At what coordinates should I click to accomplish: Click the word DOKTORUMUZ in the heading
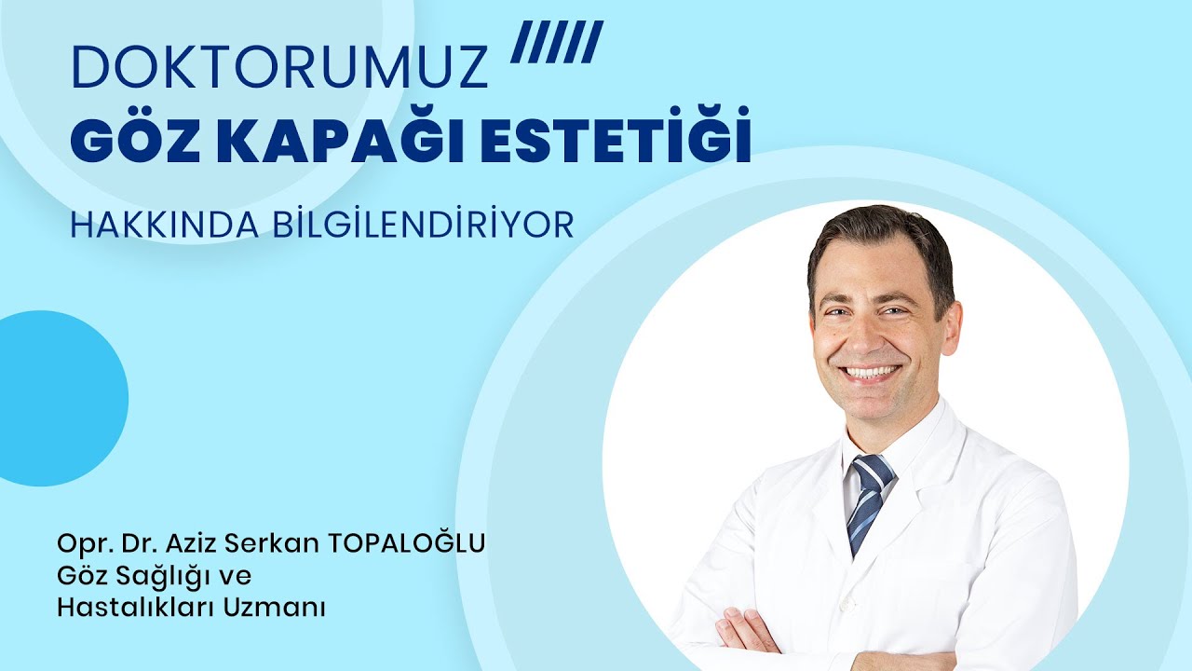point(279,68)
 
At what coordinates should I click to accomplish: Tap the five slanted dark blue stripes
point(557,43)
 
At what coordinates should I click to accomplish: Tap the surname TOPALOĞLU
point(407,543)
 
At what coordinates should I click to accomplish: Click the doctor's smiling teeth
point(872,373)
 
